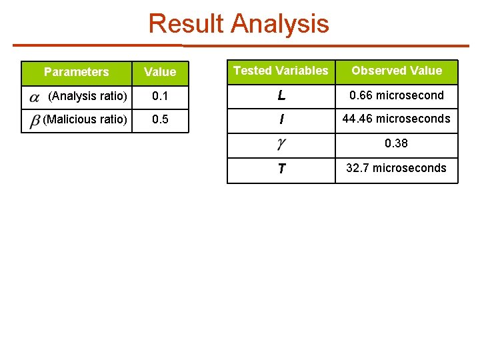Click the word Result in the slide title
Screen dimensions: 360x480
tap(187, 24)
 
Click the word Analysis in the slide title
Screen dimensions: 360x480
tap(280, 25)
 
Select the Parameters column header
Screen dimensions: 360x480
tap(76, 72)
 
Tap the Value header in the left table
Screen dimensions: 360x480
tap(160, 72)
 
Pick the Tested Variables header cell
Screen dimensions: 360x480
tap(281, 71)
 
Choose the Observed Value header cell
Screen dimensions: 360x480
tap(397, 71)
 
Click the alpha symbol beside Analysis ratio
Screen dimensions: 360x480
tap(35, 98)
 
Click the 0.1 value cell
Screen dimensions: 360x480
tap(160, 96)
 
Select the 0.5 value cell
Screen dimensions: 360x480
tap(160, 120)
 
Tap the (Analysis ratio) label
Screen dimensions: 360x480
tap(87, 96)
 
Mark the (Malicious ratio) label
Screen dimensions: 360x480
tap(85, 120)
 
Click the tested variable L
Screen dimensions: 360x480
tap(281, 96)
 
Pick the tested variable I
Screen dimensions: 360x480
tap(281, 120)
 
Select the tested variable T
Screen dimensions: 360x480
tap(281, 169)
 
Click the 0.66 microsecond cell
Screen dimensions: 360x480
tap(397, 95)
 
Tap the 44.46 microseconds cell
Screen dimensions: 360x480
tap(397, 119)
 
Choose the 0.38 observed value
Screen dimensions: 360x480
tap(397, 143)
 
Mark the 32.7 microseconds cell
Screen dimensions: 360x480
tap(397, 168)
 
